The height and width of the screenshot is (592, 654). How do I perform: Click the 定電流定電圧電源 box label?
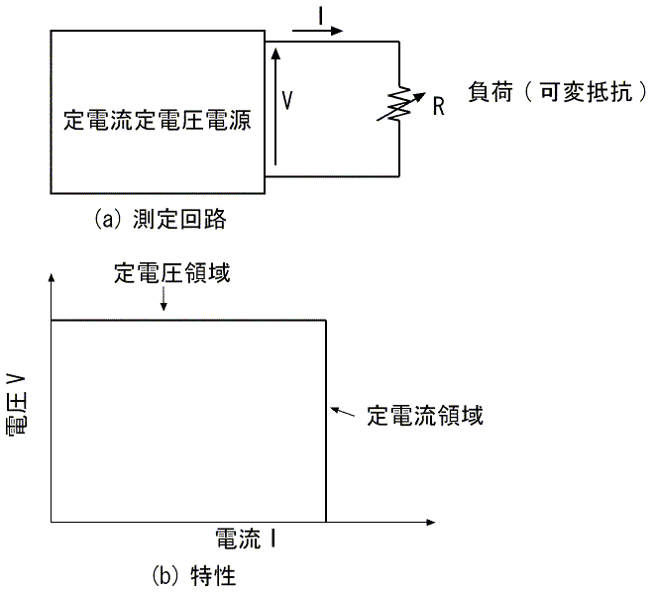[x=157, y=121]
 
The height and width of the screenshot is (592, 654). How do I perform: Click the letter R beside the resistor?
[x=438, y=106]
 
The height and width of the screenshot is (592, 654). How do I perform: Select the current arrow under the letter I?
[x=320, y=30]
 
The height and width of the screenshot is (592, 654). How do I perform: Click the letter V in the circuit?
[x=287, y=99]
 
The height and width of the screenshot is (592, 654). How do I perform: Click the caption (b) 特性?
[x=193, y=573]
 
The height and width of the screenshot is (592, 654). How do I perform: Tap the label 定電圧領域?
[x=171, y=273]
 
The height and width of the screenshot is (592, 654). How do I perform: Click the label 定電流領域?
[x=425, y=415]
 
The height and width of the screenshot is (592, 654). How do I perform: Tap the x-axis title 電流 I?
[x=246, y=539]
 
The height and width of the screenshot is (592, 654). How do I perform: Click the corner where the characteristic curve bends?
[x=326, y=320]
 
